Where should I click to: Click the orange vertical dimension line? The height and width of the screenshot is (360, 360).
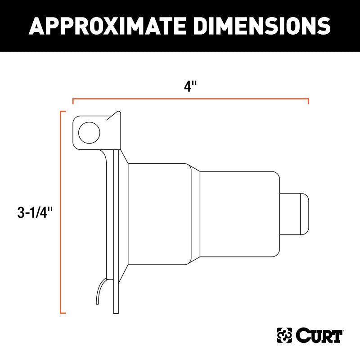(61, 211)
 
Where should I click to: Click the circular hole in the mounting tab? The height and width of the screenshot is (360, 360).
(89, 132)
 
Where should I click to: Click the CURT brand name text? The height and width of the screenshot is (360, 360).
(320, 335)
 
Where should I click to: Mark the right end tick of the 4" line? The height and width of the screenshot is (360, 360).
(308, 101)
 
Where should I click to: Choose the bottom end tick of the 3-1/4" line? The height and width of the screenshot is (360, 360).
(63, 312)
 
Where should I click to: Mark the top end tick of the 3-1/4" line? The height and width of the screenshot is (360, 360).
(63, 111)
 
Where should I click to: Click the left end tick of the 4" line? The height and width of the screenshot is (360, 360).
(73, 101)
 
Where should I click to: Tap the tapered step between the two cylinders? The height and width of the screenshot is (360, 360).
(195, 214)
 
